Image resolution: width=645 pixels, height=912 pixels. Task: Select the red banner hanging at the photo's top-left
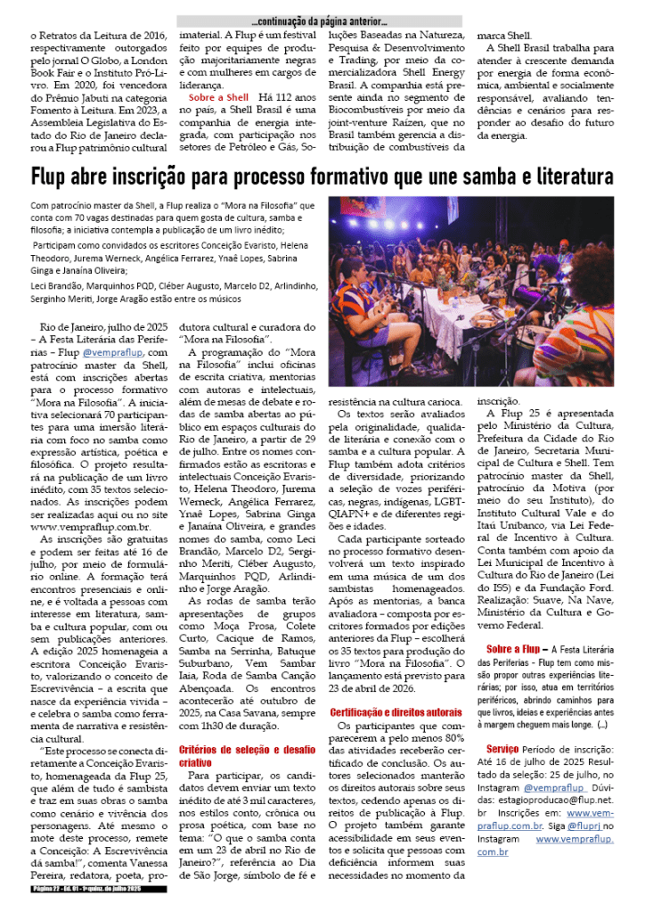point(352,218)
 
